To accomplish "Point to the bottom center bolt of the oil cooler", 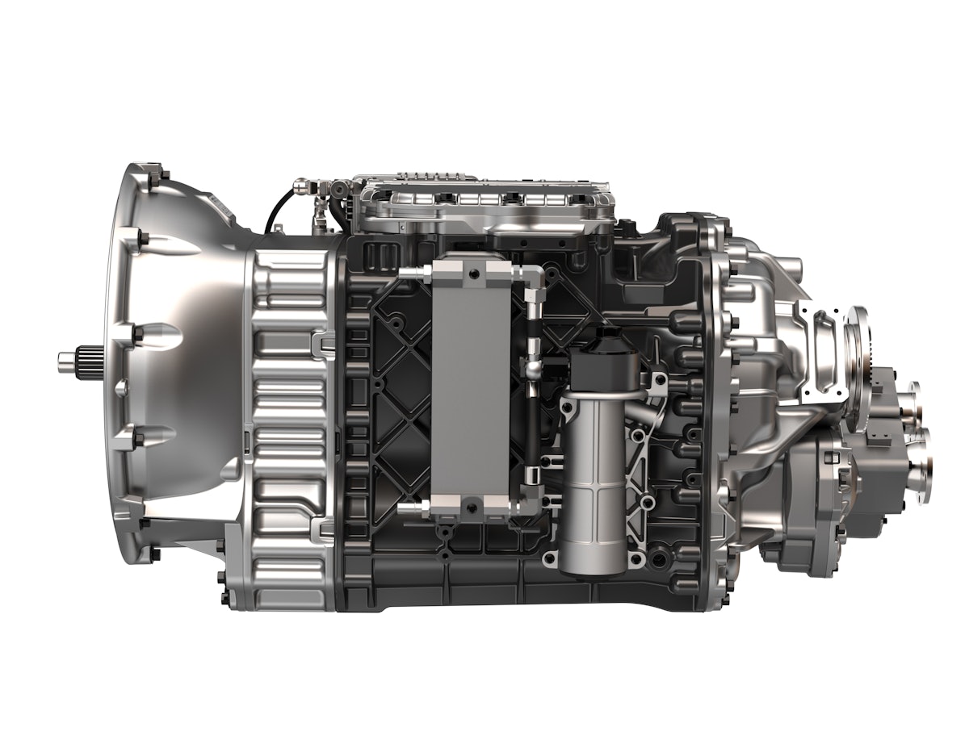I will point(472,507).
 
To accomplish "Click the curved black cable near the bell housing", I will point(275,210).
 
